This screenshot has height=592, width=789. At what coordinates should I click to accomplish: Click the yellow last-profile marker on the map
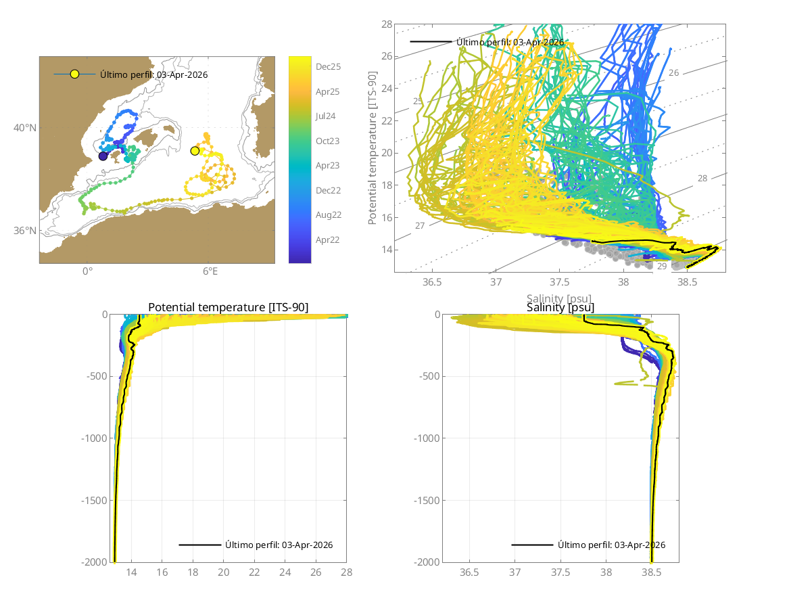[x=195, y=151]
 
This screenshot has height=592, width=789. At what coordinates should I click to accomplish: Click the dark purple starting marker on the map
[x=103, y=156]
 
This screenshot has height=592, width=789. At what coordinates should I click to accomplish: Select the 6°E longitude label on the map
[x=210, y=271]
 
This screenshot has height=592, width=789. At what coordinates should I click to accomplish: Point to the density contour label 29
[x=662, y=267]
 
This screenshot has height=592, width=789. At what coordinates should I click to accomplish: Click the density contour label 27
[x=420, y=225]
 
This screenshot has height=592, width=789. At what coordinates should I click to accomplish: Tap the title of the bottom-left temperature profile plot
[x=228, y=308]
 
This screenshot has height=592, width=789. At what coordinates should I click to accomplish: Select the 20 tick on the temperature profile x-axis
[x=224, y=572]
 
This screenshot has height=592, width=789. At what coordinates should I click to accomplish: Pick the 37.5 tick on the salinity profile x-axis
[x=560, y=572]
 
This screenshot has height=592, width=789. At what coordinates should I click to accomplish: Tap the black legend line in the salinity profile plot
[x=532, y=545]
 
